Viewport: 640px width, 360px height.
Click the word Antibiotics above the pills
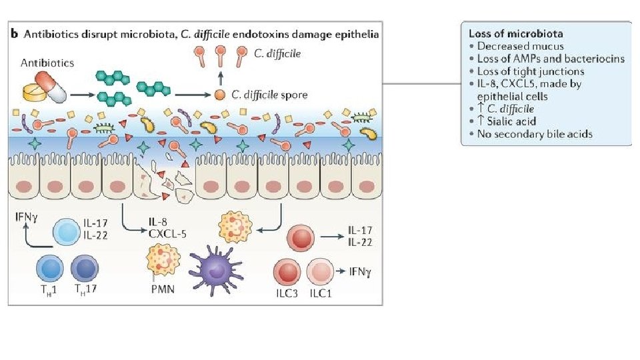[x=47, y=63]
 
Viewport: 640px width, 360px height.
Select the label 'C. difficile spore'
[x=270, y=95]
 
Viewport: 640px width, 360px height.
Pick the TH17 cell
[x=84, y=270]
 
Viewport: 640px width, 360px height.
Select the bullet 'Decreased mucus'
[x=521, y=46]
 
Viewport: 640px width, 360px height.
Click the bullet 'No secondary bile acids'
[x=535, y=133]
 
